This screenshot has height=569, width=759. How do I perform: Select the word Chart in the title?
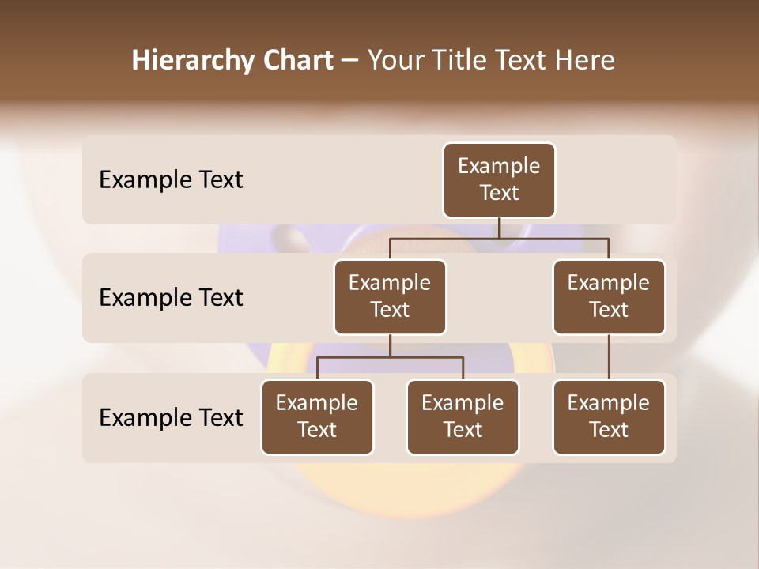click(x=298, y=61)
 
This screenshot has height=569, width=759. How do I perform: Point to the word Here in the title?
click(x=585, y=61)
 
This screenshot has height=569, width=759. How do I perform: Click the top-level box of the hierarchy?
click(x=499, y=180)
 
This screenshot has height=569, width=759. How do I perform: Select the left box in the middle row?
click(x=390, y=296)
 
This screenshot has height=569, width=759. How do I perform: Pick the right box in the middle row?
click(x=609, y=296)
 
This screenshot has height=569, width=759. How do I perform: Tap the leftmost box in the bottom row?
click(x=317, y=416)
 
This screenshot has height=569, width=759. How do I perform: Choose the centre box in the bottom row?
click(x=463, y=416)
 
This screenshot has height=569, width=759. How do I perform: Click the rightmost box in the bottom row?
click(x=609, y=416)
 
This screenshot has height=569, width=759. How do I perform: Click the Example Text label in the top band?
click(x=171, y=180)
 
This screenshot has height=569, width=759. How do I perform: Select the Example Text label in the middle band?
click(x=171, y=298)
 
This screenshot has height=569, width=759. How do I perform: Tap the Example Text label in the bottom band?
click(x=171, y=417)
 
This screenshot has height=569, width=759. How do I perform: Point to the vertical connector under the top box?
click(x=499, y=228)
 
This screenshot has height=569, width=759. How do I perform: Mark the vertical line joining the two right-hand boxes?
click(x=609, y=357)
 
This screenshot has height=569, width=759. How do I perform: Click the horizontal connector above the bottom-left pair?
click(x=390, y=357)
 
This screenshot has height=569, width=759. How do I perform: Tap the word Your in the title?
click(x=393, y=61)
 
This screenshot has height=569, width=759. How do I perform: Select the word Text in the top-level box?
click(x=499, y=193)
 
